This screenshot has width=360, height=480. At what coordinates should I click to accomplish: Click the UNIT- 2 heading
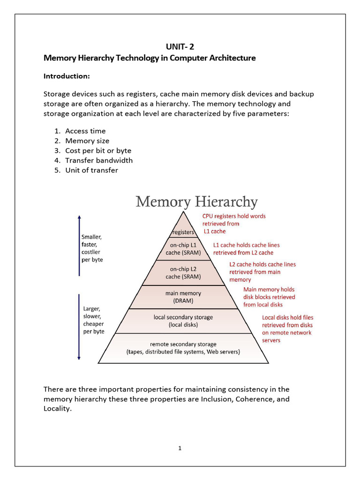(x=180, y=46)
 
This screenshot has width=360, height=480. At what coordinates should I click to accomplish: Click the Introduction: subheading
(x=67, y=76)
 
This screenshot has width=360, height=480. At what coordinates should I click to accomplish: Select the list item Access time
(x=85, y=131)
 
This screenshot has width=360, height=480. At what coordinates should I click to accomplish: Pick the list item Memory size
(x=87, y=141)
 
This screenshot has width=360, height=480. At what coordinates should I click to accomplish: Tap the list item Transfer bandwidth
(x=99, y=160)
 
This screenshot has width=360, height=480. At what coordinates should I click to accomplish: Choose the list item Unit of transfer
(x=91, y=170)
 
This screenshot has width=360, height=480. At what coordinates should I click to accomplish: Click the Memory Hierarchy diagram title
(x=196, y=202)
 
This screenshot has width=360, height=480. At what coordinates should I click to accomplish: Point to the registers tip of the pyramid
(x=183, y=232)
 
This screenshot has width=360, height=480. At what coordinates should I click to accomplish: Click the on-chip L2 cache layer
(x=183, y=273)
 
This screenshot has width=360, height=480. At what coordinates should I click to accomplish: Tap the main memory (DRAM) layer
(x=183, y=297)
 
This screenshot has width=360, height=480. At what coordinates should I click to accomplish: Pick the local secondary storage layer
(x=183, y=321)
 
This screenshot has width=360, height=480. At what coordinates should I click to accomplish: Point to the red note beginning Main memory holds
(x=269, y=297)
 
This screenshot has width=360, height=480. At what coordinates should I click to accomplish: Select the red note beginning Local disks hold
(x=287, y=329)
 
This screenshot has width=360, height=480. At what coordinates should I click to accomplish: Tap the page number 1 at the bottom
(x=180, y=448)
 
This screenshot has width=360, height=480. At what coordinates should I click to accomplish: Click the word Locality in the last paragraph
(x=56, y=408)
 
